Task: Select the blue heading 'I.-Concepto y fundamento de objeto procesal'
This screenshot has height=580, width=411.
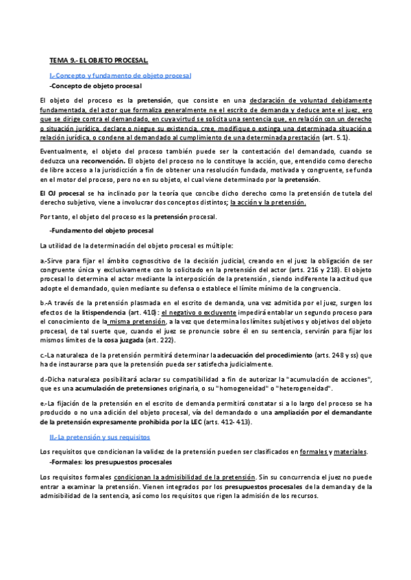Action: [121, 75]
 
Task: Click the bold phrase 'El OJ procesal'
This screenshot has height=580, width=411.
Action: [62, 194]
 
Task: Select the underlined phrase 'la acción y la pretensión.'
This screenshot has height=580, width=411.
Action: [268, 203]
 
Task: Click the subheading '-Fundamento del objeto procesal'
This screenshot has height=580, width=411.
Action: [102, 230]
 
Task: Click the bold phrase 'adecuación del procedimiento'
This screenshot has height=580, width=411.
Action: [265, 355]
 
